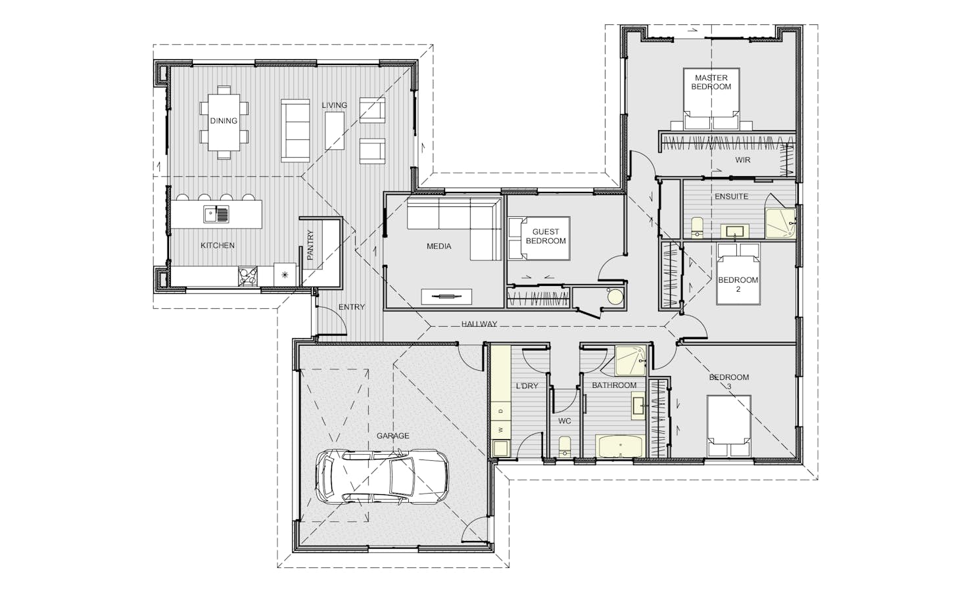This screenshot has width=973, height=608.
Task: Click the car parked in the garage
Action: coord(382,477)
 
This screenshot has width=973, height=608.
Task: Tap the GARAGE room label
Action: coord(392,436)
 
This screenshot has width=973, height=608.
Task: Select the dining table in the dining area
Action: coord(224,123)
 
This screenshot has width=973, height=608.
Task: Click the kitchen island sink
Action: coord(216,214)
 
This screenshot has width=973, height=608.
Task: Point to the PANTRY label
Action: coord(310,245)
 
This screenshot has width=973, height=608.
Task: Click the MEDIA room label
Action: coord(439,246)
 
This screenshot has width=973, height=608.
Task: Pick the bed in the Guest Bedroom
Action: coord(539,239)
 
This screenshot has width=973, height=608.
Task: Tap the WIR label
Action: coord(743,160)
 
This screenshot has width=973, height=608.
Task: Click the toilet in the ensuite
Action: coord(697,227)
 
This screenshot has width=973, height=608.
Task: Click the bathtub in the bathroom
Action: coord(621,446)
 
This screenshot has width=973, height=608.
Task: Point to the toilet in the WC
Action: coord(564,447)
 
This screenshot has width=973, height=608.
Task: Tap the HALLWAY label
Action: coord(479,324)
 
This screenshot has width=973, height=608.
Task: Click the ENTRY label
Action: coord(352,307)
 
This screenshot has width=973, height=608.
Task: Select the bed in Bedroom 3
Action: coord(729,426)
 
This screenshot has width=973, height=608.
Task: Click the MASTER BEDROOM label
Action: coord(711,82)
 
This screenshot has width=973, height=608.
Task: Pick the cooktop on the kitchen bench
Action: coord(248,276)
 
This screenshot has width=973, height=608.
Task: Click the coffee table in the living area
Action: coord(335,131)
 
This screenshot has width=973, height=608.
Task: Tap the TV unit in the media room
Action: coord(446,297)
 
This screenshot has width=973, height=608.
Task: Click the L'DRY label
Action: coord(527,386)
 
